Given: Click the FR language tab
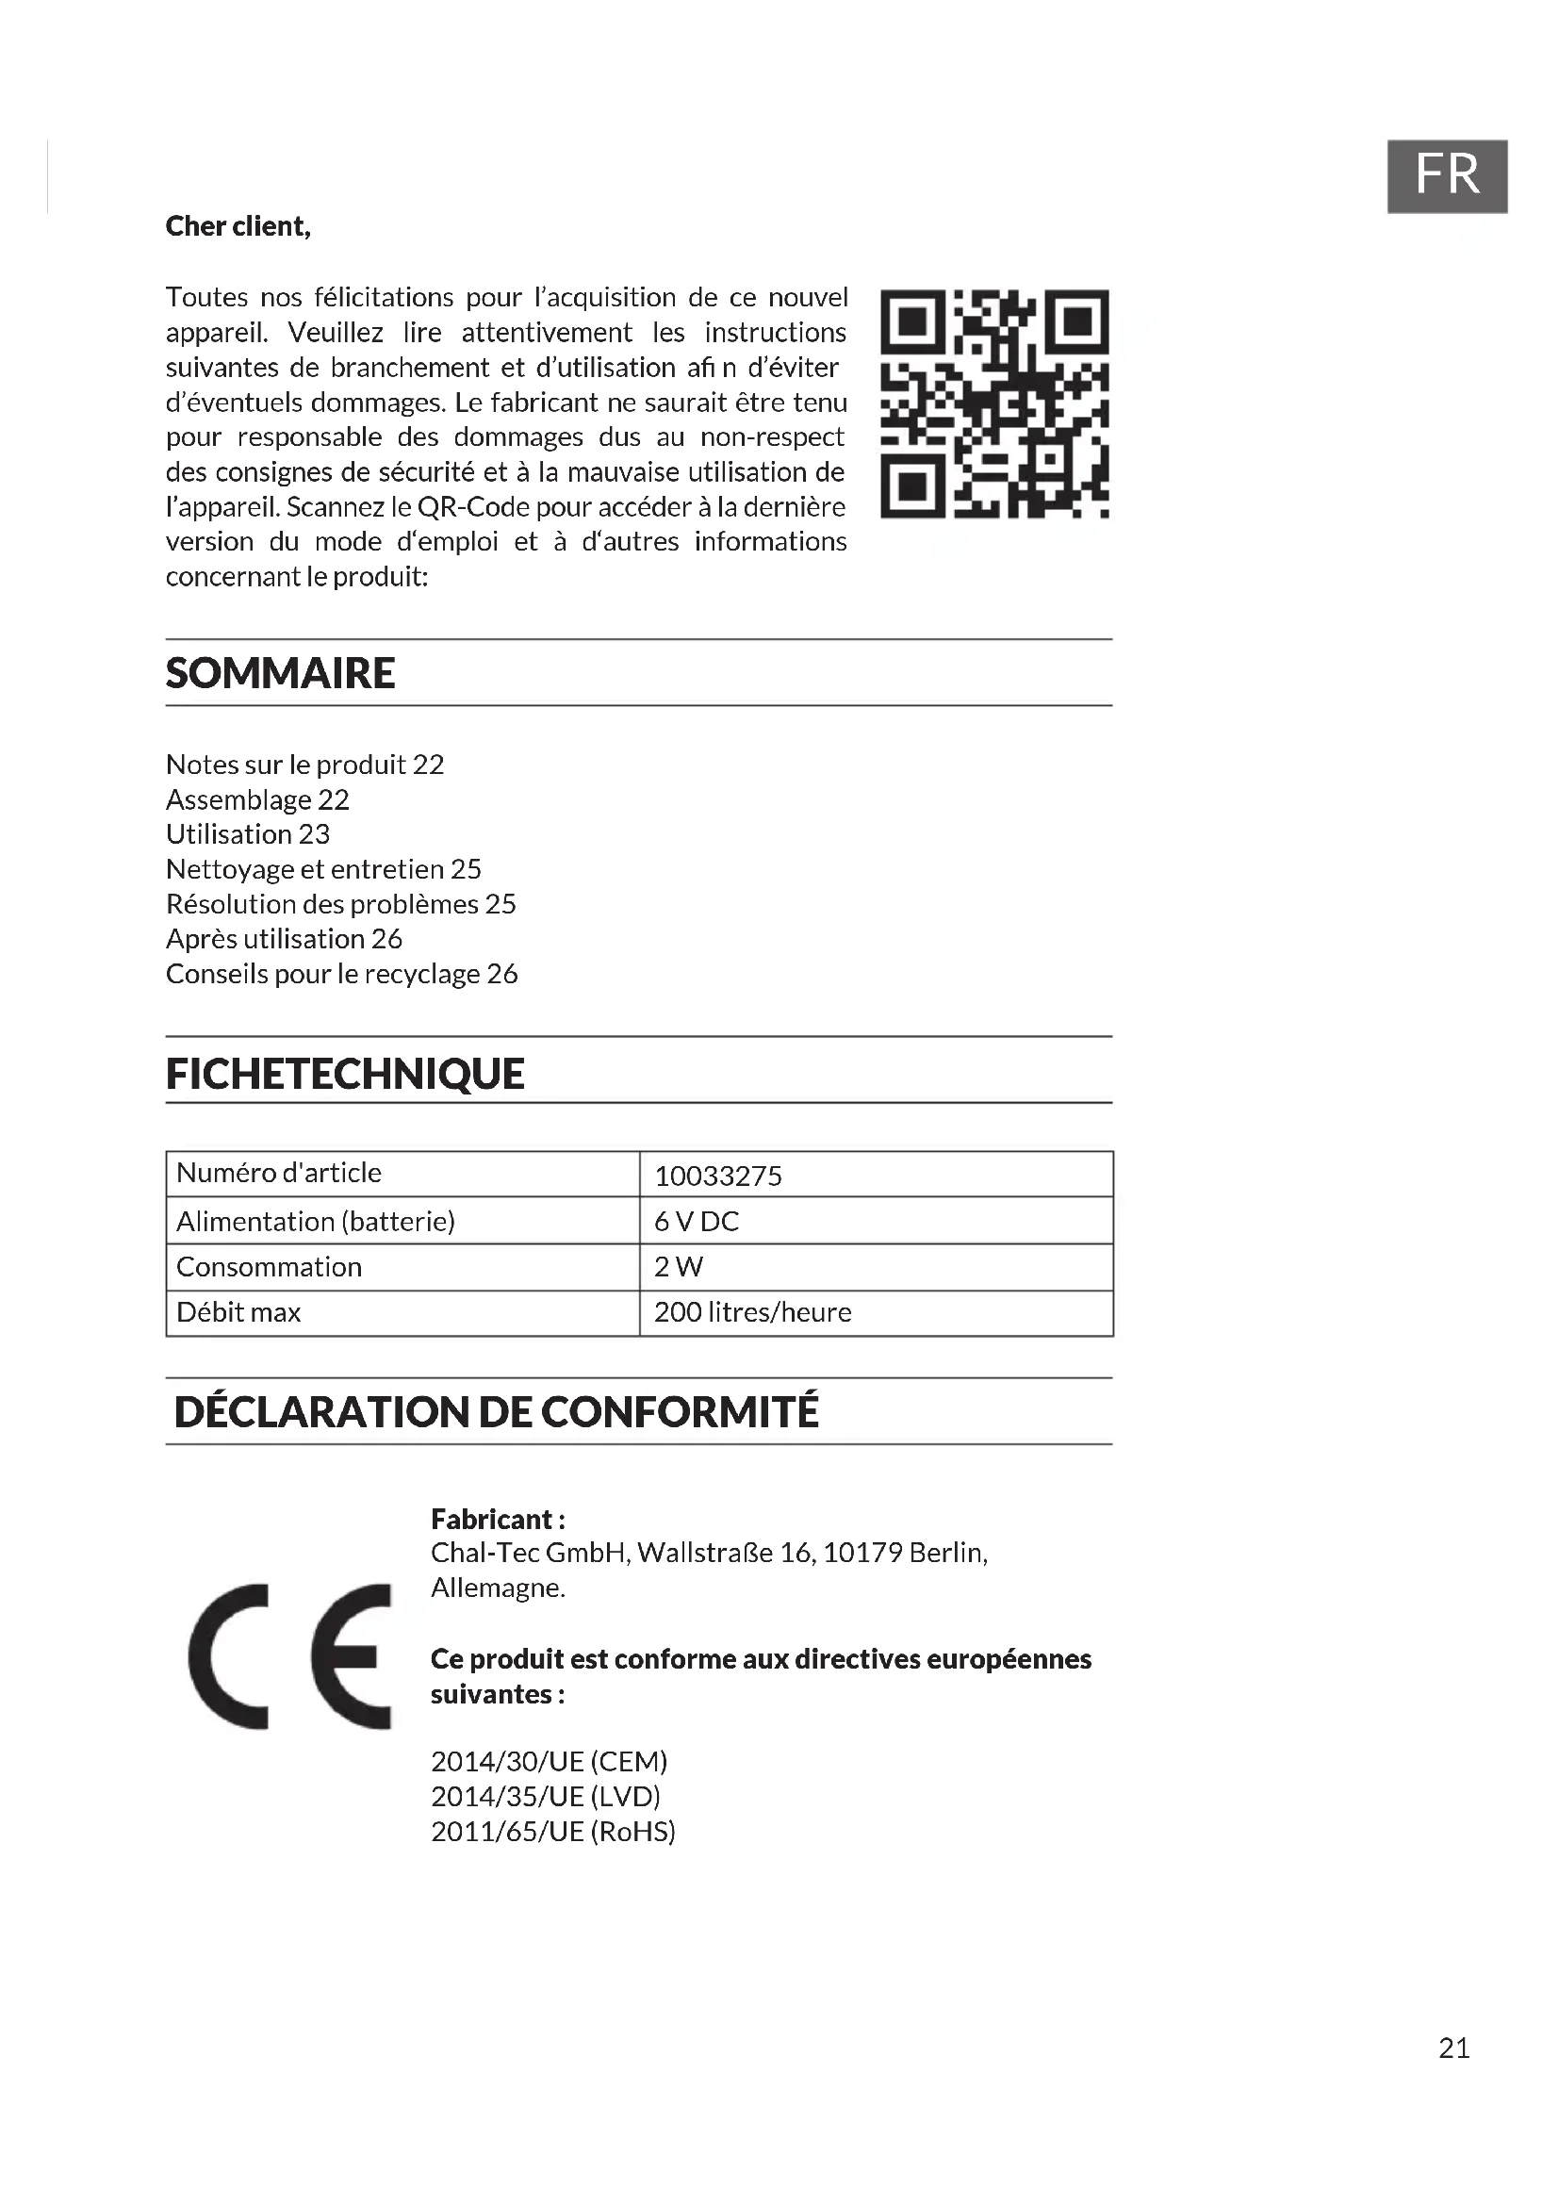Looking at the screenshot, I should [x=1446, y=175].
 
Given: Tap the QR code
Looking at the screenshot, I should [x=993, y=403].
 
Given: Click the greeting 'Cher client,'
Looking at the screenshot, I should [x=238, y=226].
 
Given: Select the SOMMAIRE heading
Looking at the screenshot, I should [x=280, y=673].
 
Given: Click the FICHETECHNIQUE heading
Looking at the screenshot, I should [x=345, y=1074].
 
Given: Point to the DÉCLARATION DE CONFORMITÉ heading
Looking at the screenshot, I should [x=497, y=1412].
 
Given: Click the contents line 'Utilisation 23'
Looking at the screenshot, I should [x=248, y=834].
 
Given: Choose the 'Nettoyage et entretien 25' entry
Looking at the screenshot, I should [x=323, y=869].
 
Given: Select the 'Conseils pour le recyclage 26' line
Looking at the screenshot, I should [x=342, y=974].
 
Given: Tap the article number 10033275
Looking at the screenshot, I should [x=718, y=1176].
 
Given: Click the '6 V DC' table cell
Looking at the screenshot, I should [x=696, y=1222].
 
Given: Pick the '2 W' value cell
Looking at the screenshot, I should [x=678, y=1267].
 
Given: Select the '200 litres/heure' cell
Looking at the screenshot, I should [x=752, y=1313].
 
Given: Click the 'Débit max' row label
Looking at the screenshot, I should [x=238, y=1313].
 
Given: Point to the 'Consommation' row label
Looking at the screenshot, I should [x=269, y=1267].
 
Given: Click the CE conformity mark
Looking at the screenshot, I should [x=290, y=1655].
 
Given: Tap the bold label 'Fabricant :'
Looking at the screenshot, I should [x=498, y=1520].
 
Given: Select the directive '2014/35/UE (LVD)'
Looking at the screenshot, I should [x=545, y=1796].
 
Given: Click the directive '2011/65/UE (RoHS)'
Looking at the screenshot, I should [x=553, y=1832].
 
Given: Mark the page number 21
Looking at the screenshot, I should [x=1453, y=2049].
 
